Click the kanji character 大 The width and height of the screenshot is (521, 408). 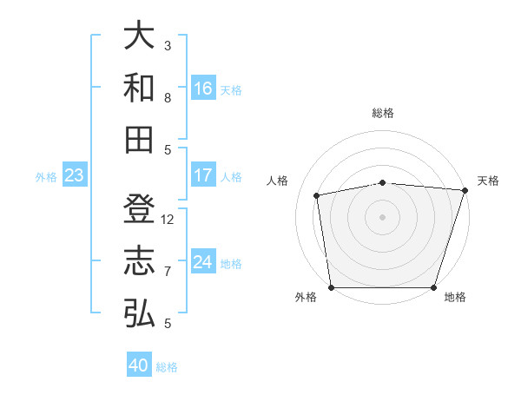point(140,36)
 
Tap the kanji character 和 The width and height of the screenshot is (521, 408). point(140,88)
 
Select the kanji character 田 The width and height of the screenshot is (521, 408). point(140,140)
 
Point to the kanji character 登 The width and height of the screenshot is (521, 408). point(140,209)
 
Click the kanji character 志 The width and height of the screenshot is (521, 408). point(140,261)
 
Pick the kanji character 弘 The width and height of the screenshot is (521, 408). point(140,313)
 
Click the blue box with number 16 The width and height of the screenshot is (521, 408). point(203,88)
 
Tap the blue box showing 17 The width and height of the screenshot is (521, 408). point(203,174)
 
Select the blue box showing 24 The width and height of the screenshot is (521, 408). point(203,262)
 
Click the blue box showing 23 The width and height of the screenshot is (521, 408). point(74,175)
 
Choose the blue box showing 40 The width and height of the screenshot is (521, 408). point(139,365)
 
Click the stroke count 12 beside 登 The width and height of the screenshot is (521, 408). point(168,220)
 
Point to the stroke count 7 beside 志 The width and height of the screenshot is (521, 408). point(168,272)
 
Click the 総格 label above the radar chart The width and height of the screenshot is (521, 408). point(383,113)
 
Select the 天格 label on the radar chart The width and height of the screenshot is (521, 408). point(488,181)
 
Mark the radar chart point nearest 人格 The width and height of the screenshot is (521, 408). point(318,195)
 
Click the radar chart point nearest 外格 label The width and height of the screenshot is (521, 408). point(331,287)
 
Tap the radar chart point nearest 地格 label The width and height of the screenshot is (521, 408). point(434,287)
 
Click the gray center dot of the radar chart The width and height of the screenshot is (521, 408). point(382,216)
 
